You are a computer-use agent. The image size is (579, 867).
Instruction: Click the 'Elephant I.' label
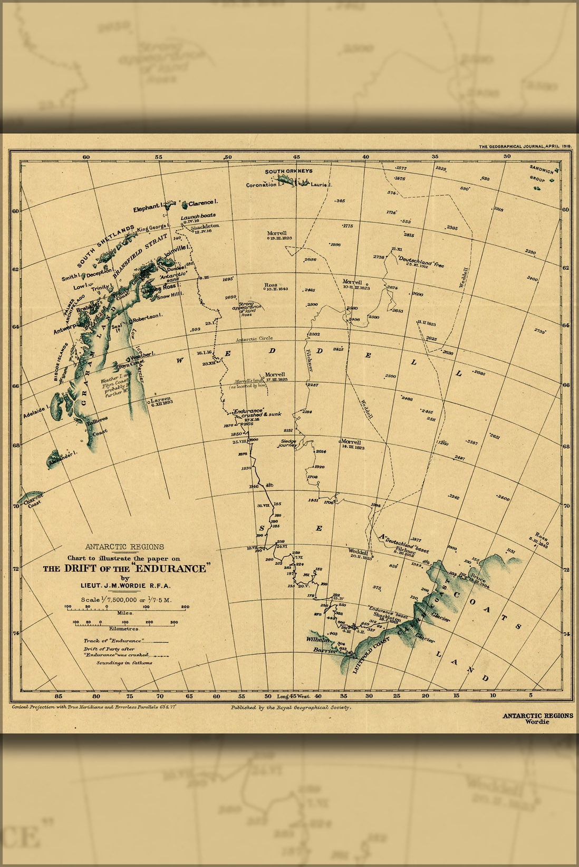pyautogui.click(x=147, y=208)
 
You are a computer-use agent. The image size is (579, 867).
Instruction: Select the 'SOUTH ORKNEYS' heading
pyautogui.click(x=288, y=171)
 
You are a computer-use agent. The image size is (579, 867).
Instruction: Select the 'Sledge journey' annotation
pyautogui.click(x=288, y=443)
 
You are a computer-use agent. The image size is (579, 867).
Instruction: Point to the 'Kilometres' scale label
pyautogui.click(x=124, y=628)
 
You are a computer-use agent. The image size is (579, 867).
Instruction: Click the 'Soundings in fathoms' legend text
pyautogui.click(x=124, y=663)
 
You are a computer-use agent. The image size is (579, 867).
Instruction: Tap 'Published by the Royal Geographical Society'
pyautogui.click(x=290, y=708)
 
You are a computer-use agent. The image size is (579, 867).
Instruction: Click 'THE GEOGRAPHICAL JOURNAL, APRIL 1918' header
pyautogui.click(x=525, y=146)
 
